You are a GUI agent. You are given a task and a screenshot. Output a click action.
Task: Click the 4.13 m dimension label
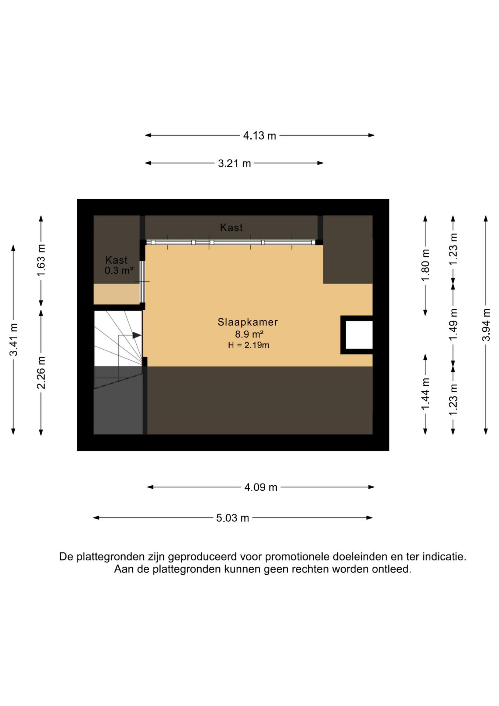pyautogui.click(x=259, y=136)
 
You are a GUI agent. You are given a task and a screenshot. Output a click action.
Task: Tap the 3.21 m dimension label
pyautogui.click(x=234, y=163)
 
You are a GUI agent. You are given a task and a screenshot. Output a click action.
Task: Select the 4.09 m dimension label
pyautogui.click(x=261, y=487)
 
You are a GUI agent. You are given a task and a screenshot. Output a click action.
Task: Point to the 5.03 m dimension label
pyautogui.click(x=232, y=518)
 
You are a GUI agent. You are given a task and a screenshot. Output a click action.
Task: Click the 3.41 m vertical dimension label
pyautogui.click(x=14, y=339)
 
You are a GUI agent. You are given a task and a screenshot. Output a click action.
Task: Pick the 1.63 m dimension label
pyautogui.click(x=41, y=260)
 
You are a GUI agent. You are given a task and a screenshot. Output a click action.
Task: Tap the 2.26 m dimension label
pyautogui.click(x=41, y=372)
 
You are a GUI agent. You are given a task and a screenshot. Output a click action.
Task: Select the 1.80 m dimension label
pyautogui.click(x=425, y=265)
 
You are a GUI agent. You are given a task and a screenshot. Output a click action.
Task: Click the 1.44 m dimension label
pyautogui.click(x=425, y=394)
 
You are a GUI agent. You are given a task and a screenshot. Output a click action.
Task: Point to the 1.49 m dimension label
pyautogui.click(x=453, y=324)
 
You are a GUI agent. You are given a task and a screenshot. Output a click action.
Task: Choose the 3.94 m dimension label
pyautogui.click(x=486, y=325)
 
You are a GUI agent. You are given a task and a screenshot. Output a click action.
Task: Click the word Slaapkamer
pyautogui.click(x=248, y=322)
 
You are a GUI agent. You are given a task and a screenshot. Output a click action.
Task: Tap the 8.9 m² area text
pyautogui.click(x=249, y=334)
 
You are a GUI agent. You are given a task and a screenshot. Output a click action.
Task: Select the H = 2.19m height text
pyautogui.click(x=249, y=345)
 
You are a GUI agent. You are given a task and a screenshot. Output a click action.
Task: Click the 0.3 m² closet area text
pyautogui.click(x=119, y=271)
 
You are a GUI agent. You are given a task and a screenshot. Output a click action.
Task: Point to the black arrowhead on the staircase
pyautogui.click(x=136, y=335)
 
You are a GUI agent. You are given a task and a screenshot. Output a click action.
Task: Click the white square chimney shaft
pyautogui.click(x=359, y=335)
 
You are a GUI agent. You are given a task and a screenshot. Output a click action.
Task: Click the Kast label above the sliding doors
pyautogui.click(x=231, y=228)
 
